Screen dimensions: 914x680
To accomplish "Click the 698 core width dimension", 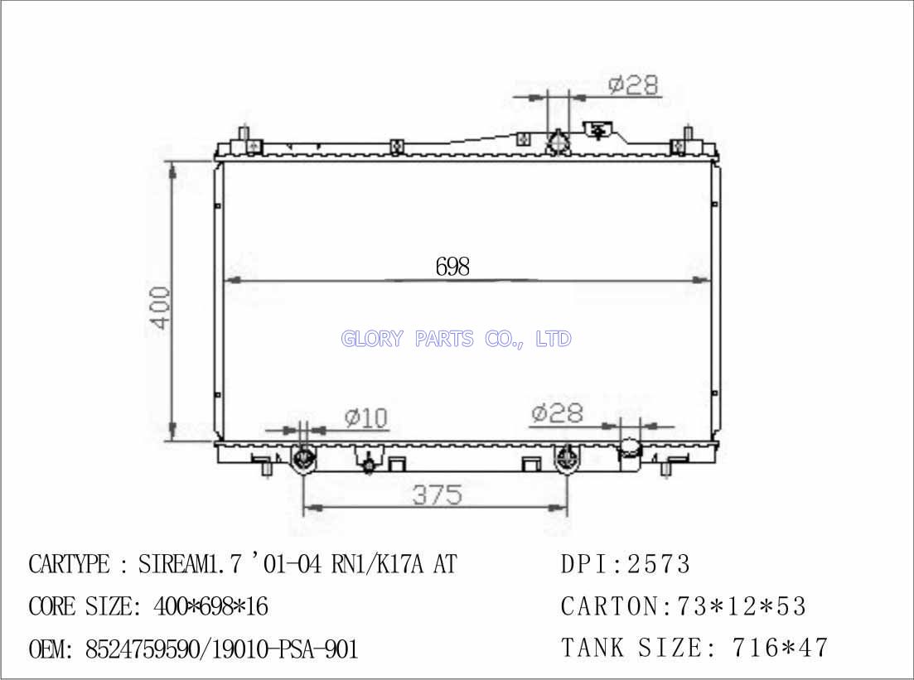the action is coord(452,267).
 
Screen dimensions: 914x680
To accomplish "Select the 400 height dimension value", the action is coord(161,307).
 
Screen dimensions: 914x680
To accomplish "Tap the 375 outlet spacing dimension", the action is coord(438,495).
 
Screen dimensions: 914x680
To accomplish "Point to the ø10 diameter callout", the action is coord(366,417).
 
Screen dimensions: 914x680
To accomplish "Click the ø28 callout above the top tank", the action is coord(633,85).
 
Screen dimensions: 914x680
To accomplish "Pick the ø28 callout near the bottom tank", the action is coord(557,412).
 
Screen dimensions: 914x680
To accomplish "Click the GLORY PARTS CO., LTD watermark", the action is coord(456,339).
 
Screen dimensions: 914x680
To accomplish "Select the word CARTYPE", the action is coord(69,564).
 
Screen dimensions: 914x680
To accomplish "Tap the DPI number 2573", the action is coord(659,564).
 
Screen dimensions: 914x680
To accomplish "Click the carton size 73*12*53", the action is coord(741,606).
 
